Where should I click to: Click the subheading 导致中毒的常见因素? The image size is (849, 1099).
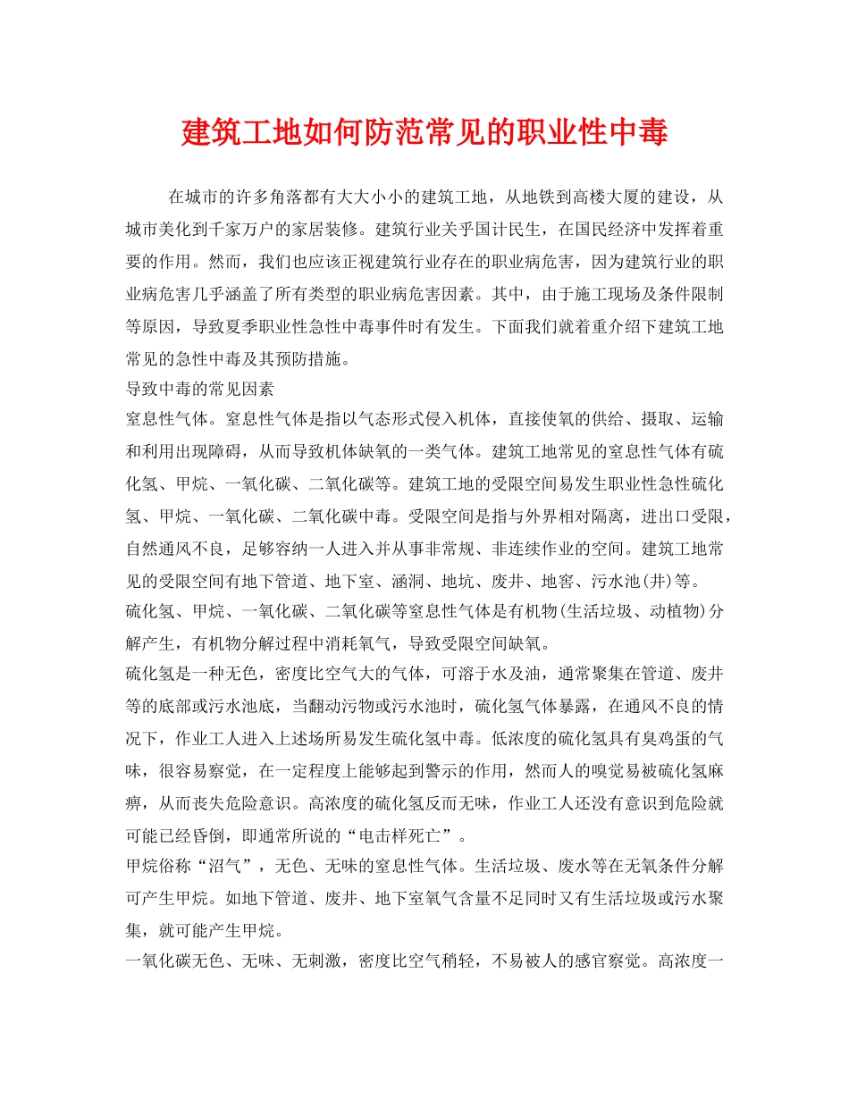click(199, 390)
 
